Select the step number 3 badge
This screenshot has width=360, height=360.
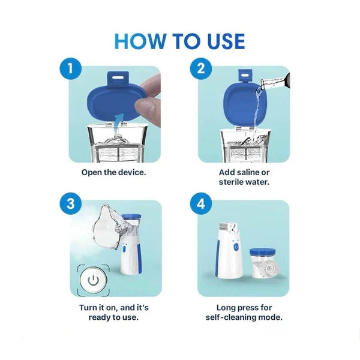point(71,203)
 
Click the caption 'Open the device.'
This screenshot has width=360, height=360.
point(114,172)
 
